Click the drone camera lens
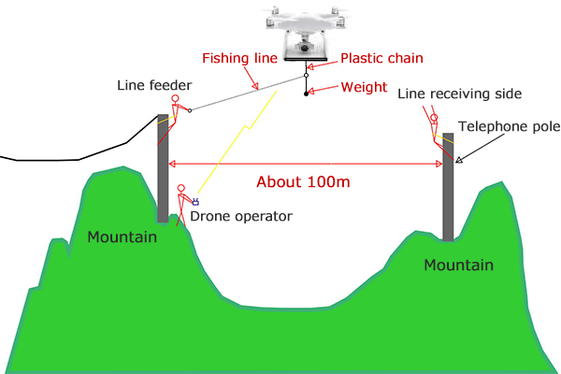pos(306,47)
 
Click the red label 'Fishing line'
pos(240,58)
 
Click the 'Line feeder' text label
pos(154,86)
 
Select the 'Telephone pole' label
pos(507,125)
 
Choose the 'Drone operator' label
pos(241,216)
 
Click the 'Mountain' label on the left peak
pos(122,237)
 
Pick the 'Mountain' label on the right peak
pos(458,266)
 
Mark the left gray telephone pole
pos(163,173)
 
